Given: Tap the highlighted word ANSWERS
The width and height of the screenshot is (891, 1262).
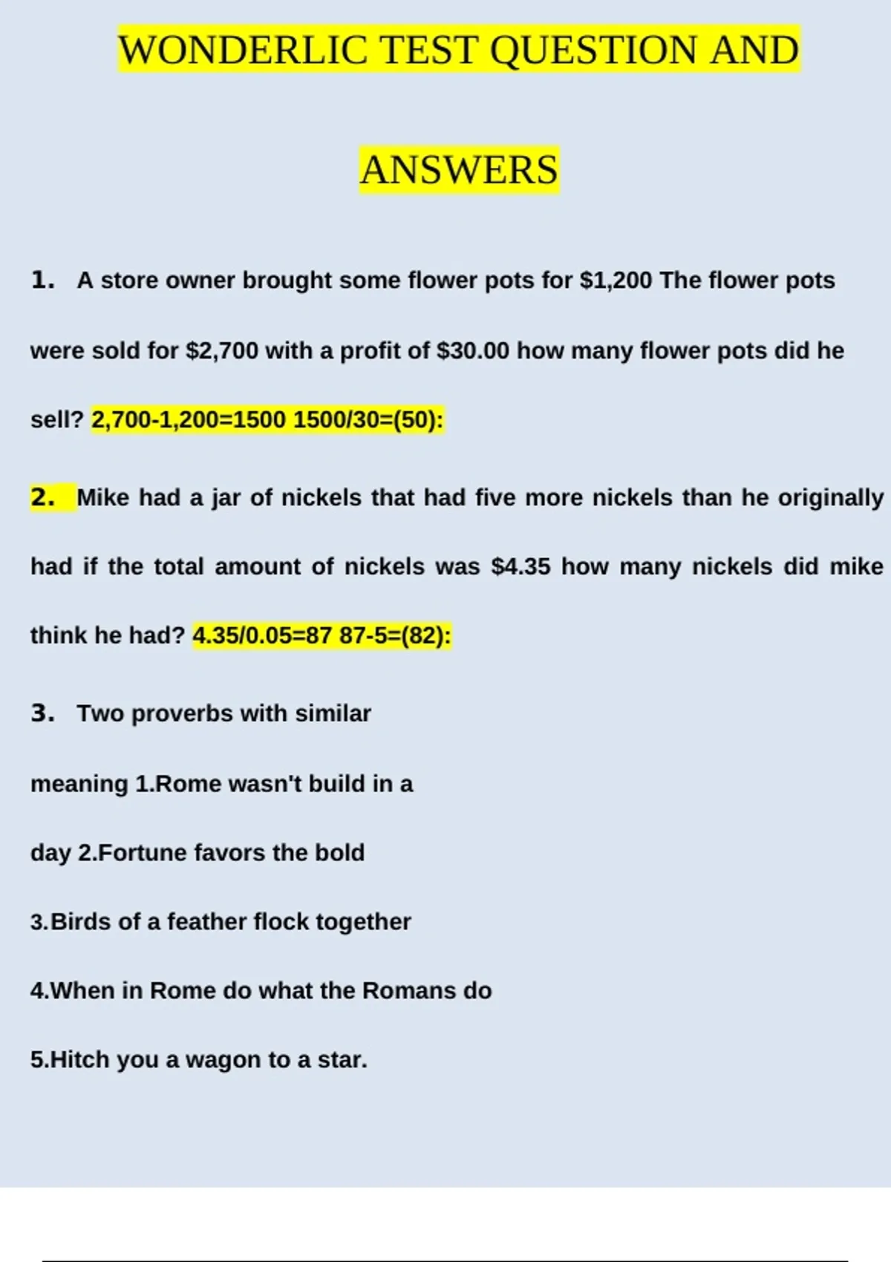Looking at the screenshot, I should pos(459,170).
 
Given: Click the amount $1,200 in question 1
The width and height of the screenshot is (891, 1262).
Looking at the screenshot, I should pos(616,281).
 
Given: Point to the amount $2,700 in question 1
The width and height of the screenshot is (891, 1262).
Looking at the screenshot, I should pos(221,350).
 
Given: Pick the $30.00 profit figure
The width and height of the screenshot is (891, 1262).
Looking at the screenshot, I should pos(473,350).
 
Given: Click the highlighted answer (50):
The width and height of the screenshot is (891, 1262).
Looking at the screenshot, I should pos(417,420).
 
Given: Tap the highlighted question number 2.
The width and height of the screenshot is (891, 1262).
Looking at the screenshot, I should pos(43,497).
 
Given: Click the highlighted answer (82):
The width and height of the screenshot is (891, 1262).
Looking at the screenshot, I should pos(425,636).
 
